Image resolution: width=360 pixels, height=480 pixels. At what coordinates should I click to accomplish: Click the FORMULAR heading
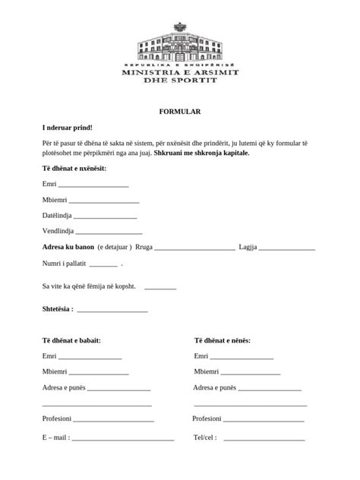coord(179,112)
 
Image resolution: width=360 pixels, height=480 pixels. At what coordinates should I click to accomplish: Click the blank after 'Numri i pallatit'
coord(103,265)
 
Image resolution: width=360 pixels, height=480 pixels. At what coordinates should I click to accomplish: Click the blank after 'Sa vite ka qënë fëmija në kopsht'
coord(159,288)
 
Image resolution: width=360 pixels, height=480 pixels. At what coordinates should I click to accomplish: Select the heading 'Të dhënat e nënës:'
coord(223,341)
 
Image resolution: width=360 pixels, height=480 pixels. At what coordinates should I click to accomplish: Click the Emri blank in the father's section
coord(90,358)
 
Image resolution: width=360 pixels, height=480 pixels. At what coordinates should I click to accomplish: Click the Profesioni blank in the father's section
coord(113,420)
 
